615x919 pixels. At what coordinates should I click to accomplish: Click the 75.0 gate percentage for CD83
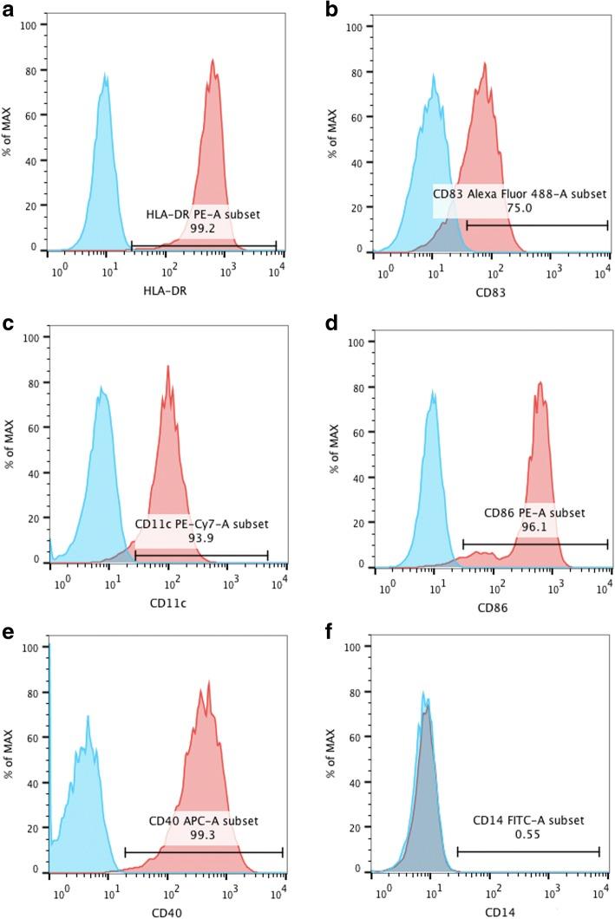click(520, 208)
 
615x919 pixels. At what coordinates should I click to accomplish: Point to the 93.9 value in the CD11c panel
click(202, 538)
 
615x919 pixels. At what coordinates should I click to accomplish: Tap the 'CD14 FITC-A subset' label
click(528, 819)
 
